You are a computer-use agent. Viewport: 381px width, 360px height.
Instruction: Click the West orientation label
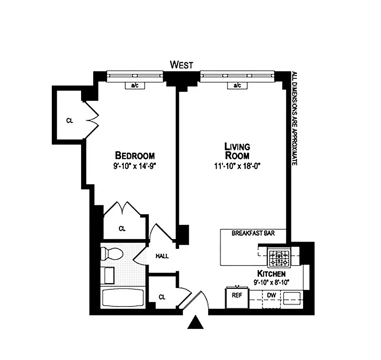click(x=181, y=65)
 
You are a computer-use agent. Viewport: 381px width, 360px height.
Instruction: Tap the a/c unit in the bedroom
click(x=135, y=85)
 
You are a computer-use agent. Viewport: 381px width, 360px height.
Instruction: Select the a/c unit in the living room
click(x=237, y=85)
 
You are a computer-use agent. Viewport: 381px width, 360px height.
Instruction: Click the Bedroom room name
click(x=135, y=155)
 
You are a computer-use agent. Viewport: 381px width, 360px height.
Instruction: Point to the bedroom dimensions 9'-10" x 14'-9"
click(x=134, y=166)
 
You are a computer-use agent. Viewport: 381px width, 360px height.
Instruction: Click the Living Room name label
click(x=237, y=151)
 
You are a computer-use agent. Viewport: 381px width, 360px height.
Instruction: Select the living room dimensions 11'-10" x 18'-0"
click(x=237, y=166)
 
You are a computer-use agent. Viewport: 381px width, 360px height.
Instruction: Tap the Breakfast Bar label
click(x=253, y=233)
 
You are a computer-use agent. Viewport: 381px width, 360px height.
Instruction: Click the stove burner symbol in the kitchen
click(x=279, y=257)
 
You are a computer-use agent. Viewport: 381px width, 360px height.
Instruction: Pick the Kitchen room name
click(x=272, y=274)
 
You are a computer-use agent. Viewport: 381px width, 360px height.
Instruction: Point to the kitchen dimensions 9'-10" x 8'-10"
click(x=272, y=283)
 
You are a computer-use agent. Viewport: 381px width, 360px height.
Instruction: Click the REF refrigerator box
click(x=237, y=297)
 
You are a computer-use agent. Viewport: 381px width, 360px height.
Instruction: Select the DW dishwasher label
click(x=272, y=296)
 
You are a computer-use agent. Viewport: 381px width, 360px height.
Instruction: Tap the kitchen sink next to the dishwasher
click(x=292, y=298)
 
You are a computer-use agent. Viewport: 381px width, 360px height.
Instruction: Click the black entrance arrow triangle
click(x=195, y=322)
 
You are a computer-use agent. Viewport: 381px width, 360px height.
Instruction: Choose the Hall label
click(x=162, y=256)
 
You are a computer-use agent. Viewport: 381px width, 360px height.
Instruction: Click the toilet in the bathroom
click(x=112, y=254)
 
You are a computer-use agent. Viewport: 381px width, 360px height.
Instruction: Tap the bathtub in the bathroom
click(x=123, y=297)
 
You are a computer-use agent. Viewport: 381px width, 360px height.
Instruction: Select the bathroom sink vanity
click(x=107, y=275)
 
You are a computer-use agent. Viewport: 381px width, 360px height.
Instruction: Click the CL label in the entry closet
click(x=162, y=297)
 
